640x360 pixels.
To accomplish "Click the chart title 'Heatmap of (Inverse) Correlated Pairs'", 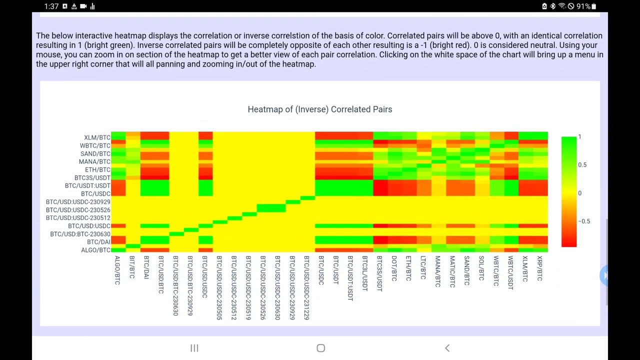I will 319,109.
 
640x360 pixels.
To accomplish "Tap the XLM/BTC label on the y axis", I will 97,137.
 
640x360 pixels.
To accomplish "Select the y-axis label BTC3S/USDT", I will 92,177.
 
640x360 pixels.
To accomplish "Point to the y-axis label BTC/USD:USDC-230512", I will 78,217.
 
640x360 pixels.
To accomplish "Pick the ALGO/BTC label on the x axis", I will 117,270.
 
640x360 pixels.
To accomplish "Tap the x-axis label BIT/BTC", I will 132,267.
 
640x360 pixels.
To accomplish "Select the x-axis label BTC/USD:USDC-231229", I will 306,287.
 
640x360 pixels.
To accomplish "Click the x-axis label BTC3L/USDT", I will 364,273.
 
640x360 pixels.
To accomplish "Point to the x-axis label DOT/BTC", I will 393,268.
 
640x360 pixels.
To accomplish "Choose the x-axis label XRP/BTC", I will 539,268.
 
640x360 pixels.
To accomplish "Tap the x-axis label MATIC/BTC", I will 452,271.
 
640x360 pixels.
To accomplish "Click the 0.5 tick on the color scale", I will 582,164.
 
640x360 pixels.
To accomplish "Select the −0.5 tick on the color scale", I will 583,221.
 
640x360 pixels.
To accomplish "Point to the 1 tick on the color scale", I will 580,136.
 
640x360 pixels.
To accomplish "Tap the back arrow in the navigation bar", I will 447,348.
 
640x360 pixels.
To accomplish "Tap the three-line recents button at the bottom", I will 194,348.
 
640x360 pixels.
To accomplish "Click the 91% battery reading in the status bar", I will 583,6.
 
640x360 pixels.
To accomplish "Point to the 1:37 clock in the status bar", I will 51,6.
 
